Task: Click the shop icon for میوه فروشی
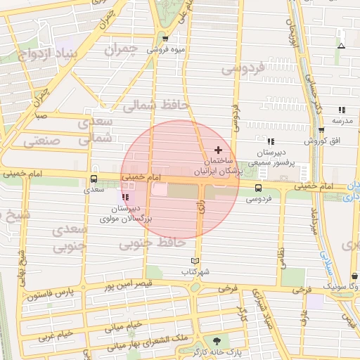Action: (165, 39)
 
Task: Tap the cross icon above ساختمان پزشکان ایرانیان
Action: (219, 150)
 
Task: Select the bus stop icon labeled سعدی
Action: (94, 179)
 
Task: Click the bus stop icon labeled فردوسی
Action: (259, 188)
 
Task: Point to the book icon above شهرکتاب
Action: (195, 260)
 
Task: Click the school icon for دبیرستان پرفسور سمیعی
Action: (271, 141)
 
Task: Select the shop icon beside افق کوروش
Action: (321, 130)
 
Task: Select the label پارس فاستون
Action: (51, 293)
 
